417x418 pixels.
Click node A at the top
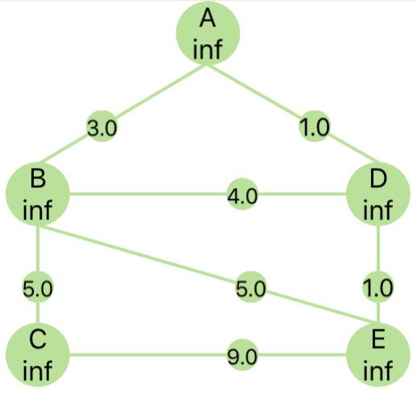(x=208, y=33)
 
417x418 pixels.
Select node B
(x=38, y=194)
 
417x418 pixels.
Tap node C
(x=38, y=354)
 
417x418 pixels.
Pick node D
(x=378, y=194)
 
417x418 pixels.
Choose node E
(x=378, y=354)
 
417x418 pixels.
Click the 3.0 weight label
(x=101, y=126)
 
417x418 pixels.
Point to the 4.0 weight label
(x=242, y=194)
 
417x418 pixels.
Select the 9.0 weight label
(x=242, y=355)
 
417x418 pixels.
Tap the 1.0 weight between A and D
(x=314, y=126)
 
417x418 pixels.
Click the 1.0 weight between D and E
(x=378, y=287)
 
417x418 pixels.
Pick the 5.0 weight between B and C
(x=38, y=287)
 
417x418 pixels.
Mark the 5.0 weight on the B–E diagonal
(x=251, y=287)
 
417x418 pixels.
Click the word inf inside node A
(x=208, y=49)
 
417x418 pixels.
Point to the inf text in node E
(x=378, y=371)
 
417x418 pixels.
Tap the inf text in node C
(x=37, y=371)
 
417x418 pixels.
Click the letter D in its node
(x=378, y=179)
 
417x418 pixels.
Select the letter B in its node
(x=38, y=179)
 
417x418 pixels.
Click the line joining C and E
(x=208, y=354)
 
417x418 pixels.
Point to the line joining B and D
(x=208, y=194)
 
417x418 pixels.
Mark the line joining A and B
(x=122, y=114)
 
